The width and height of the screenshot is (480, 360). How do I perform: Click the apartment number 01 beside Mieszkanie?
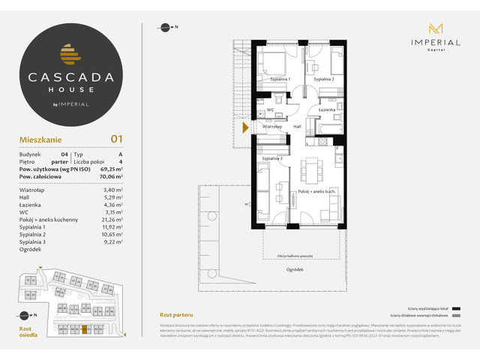116,139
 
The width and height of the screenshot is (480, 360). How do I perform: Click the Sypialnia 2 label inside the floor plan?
323,78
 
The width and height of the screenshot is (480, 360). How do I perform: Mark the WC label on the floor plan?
271,110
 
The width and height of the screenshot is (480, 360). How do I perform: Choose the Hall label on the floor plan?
297,127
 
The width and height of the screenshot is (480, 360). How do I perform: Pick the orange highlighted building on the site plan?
84,328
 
